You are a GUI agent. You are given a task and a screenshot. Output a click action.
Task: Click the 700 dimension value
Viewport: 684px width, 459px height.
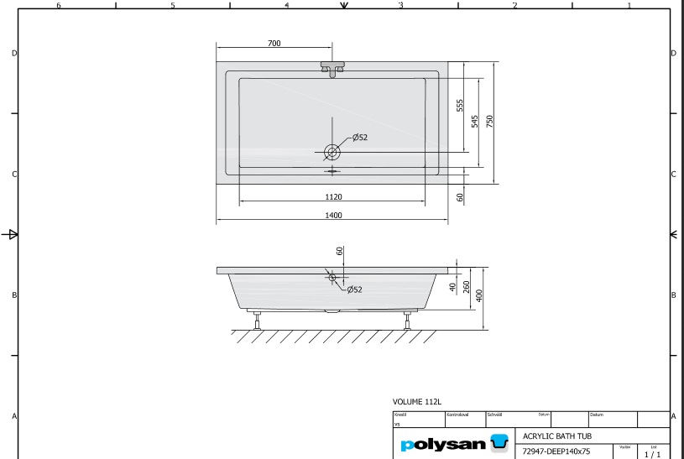[274, 44]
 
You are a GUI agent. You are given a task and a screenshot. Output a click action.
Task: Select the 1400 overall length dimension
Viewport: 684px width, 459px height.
[333, 216]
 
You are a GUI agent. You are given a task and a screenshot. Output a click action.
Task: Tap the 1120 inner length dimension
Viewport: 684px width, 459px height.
[333, 196]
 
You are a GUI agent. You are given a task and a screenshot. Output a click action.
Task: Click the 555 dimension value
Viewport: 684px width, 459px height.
[460, 105]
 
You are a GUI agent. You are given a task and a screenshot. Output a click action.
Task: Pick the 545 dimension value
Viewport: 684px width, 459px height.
[475, 122]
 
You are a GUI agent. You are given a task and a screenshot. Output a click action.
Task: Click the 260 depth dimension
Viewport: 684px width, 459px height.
[466, 287]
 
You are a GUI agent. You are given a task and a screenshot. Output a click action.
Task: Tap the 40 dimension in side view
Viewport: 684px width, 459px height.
[452, 287]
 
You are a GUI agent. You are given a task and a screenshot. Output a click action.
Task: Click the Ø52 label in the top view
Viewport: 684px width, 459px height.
[360, 138]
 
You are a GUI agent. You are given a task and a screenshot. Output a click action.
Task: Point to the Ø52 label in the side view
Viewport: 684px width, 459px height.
[354, 289]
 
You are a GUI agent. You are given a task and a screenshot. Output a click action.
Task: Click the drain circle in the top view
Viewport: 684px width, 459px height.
[333, 152]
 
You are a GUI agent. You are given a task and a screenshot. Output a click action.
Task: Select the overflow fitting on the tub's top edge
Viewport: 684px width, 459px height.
[333, 68]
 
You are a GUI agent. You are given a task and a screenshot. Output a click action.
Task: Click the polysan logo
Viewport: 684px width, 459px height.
[454, 443]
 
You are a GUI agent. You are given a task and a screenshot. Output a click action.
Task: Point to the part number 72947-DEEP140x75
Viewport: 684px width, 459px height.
[556, 451]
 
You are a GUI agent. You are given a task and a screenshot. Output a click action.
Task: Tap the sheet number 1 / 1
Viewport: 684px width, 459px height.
[652, 454]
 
